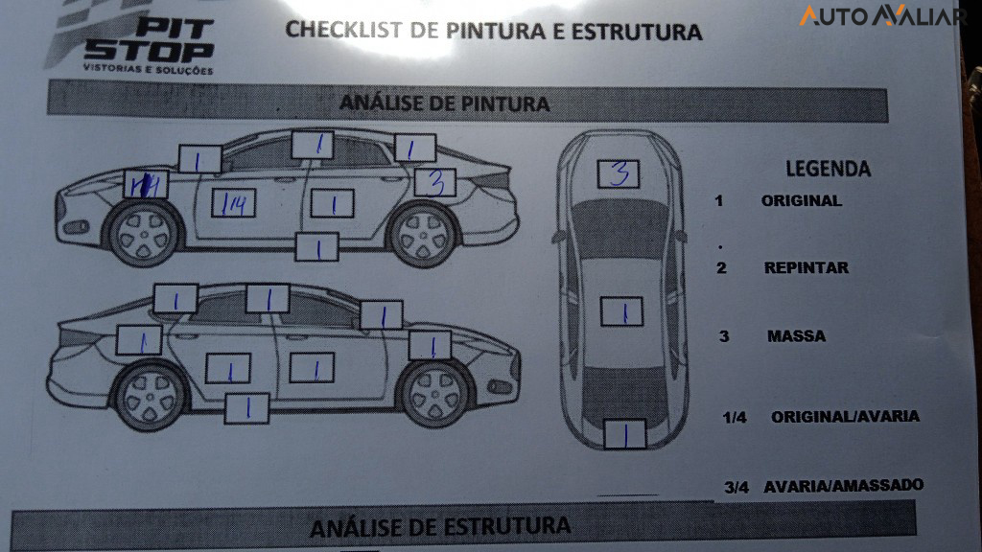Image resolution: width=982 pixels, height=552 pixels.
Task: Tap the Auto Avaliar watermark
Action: (882, 16)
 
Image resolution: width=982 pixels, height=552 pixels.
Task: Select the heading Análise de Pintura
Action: (444, 103)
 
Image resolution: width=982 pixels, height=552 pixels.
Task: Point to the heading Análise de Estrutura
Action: (440, 526)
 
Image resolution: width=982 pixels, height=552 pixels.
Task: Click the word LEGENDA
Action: (829, 169)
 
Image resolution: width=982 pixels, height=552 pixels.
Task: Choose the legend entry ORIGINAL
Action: (801, 201)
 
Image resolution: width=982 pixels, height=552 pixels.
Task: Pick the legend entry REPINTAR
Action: (806, 268)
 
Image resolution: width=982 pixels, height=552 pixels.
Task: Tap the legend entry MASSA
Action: (796, 336)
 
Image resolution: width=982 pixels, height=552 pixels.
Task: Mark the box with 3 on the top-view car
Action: (619, 173)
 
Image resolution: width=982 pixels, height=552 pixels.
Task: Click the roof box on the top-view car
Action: (620, 311)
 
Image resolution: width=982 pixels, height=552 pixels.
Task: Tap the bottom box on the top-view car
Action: (622, 436)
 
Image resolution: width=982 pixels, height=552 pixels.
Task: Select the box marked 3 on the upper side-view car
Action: (435, 181)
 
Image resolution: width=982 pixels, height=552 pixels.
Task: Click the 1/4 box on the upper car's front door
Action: (233, 203)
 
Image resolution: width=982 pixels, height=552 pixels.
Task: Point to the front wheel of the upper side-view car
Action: (145, 234)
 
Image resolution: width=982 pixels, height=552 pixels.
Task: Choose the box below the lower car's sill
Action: (246, 408)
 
